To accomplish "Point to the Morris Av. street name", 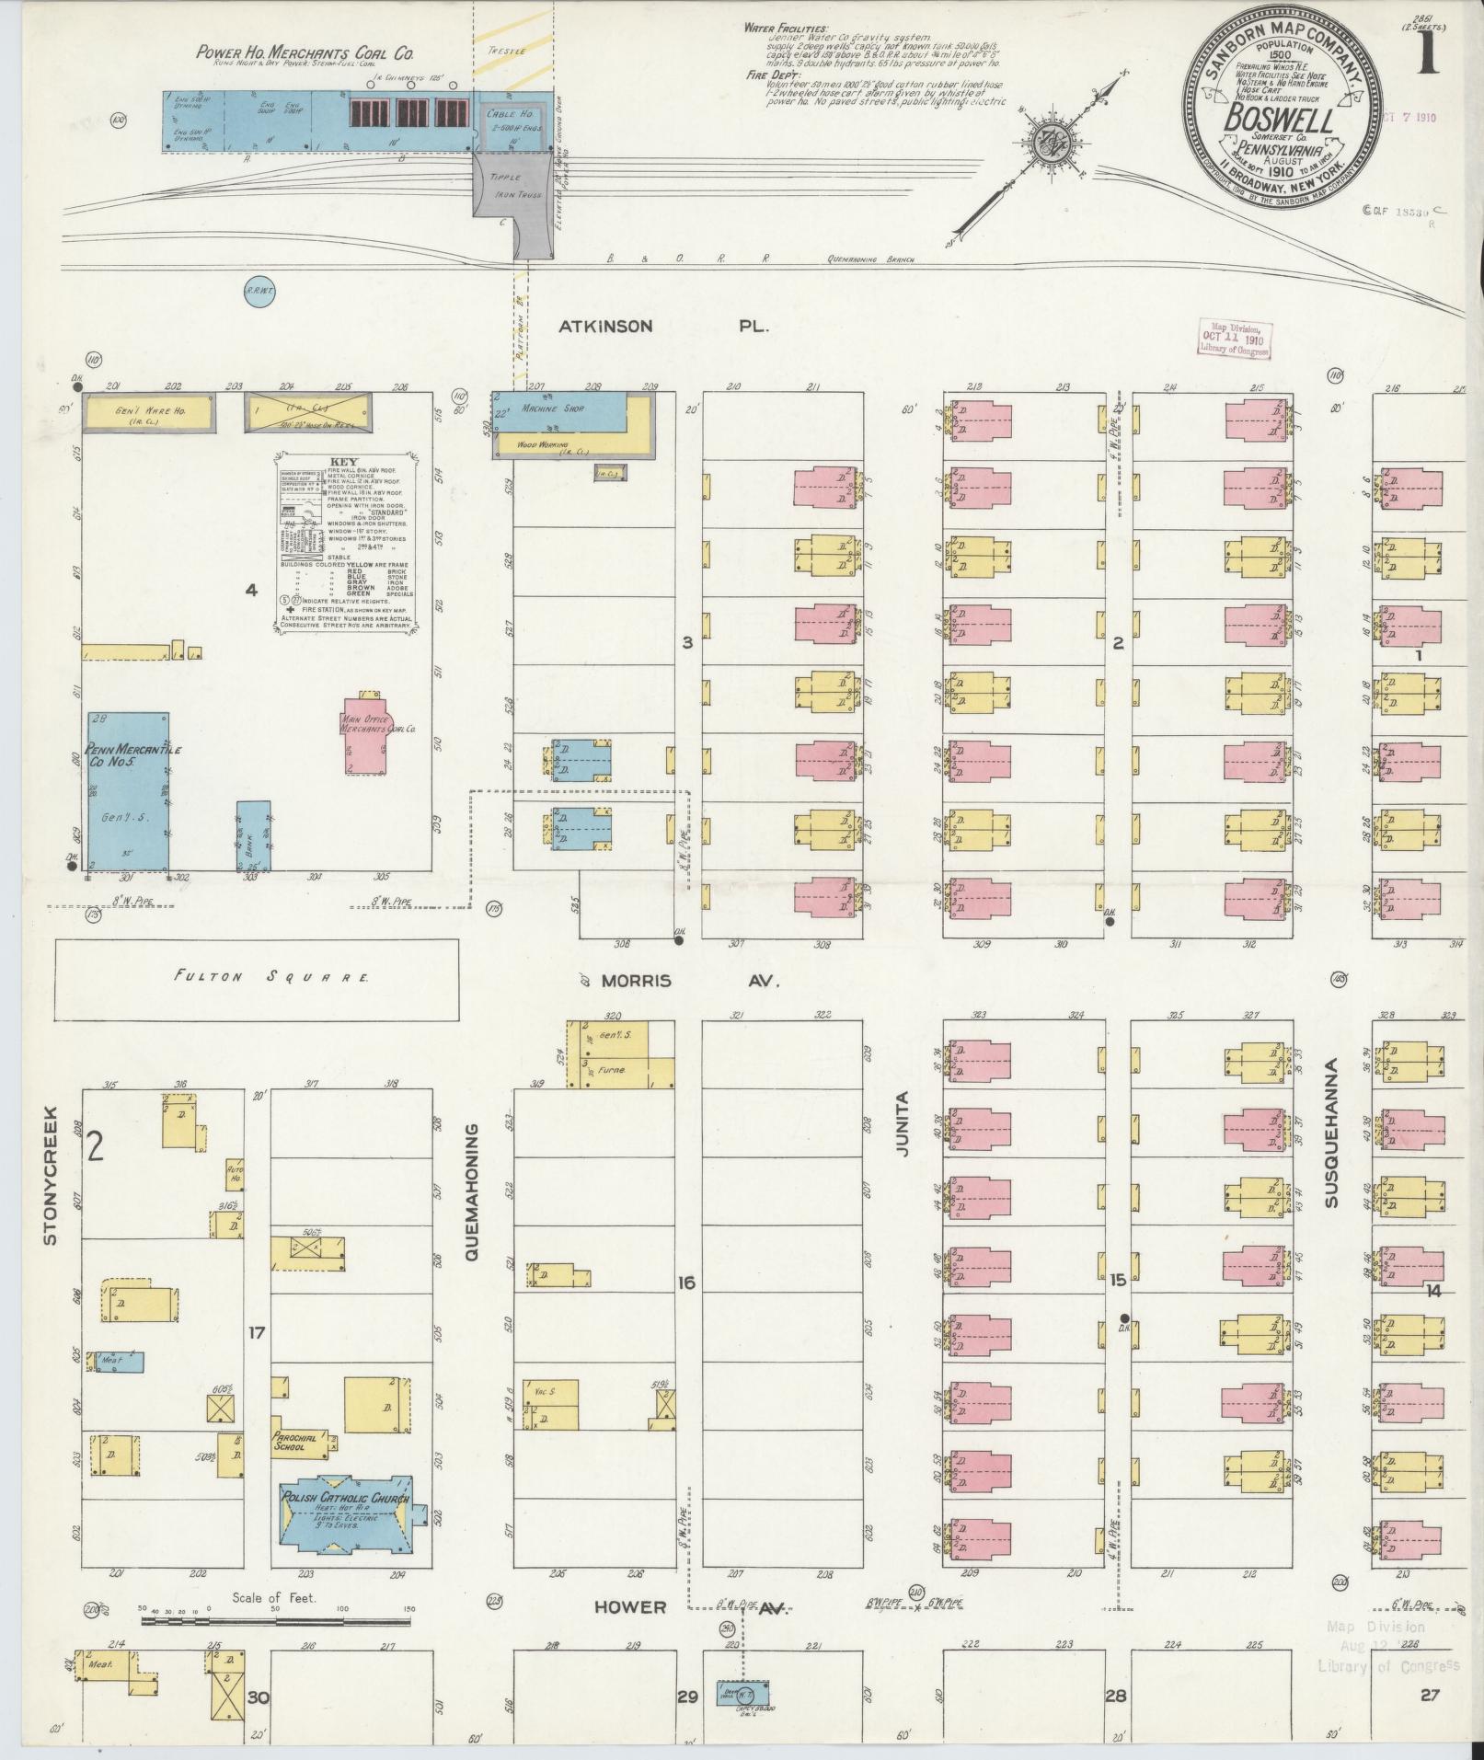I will point(690,982).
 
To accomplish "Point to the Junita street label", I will point(903,1123).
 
